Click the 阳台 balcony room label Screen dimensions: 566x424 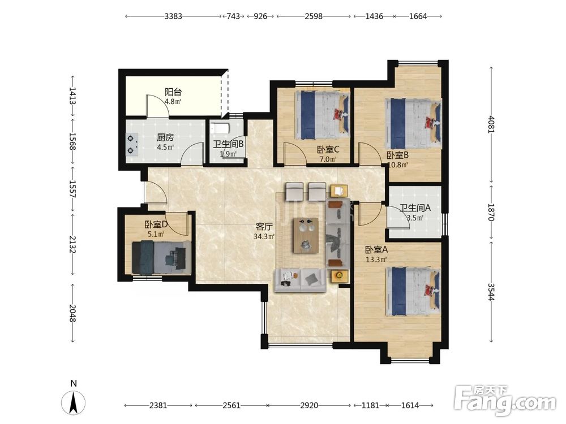(173, 92)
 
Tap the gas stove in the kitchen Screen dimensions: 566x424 (132, 144)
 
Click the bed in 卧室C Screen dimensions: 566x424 (323, 115)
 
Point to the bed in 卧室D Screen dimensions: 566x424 (161, 257)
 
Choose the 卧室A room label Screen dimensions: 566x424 (376, 249)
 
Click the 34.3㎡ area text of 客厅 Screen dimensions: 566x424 (264, 236)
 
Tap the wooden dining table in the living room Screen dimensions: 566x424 (306, 235)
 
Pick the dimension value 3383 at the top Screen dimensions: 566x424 (173, 16)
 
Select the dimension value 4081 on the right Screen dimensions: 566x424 (491, 124)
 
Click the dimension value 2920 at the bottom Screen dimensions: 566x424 (310, 405)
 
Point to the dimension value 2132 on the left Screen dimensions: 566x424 (72, 245)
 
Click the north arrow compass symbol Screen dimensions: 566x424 (73, 402)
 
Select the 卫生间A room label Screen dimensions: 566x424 (415, 208)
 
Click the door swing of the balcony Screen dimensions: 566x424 (157, 106)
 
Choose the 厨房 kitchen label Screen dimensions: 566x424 (165, 137)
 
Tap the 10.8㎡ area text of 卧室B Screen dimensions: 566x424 (397, 165)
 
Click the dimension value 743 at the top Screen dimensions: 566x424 (234, 16)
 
